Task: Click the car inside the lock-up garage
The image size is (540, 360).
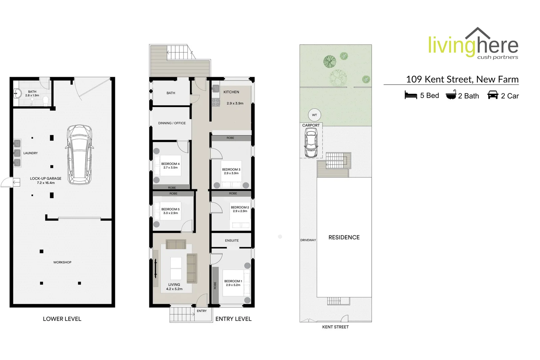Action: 79,154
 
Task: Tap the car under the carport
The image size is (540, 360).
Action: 311,143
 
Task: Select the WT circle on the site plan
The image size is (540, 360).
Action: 314,115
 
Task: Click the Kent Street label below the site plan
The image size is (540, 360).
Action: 335,327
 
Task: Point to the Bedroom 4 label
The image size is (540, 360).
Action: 170,164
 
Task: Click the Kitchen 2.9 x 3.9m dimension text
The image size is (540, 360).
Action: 235,103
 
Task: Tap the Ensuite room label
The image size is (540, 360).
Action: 232,240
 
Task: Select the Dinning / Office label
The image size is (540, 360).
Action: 172,123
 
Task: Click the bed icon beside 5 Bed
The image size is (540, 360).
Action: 411,95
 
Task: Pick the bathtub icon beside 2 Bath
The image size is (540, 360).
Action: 451,95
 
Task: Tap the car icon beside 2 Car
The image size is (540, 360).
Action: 492,95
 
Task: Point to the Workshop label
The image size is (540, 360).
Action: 62,262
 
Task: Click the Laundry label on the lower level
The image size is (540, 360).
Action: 30,153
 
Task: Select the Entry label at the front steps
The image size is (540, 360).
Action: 202,311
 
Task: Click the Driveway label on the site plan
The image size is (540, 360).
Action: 308,240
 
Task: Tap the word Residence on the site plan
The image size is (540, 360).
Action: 344,237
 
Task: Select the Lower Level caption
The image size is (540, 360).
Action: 62,319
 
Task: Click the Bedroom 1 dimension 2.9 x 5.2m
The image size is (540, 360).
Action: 233,285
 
